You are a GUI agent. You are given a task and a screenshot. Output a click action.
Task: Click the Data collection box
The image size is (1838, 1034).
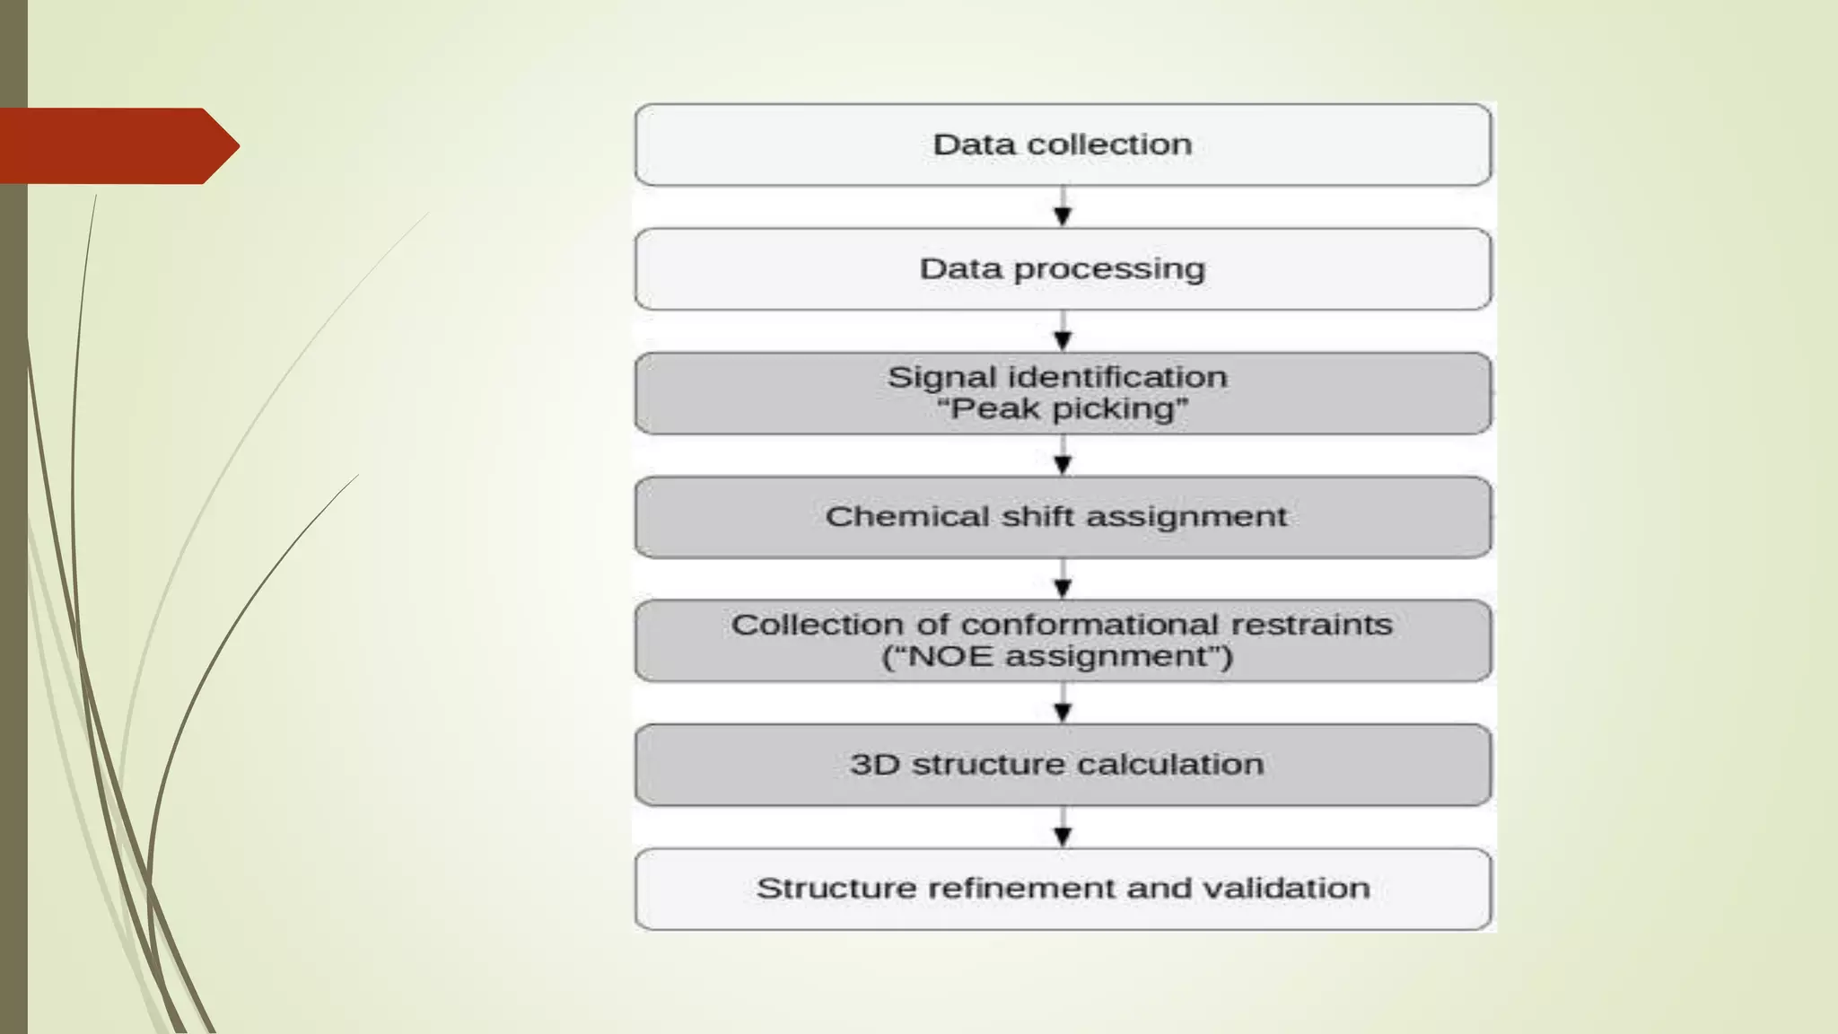(x=1063, y=145)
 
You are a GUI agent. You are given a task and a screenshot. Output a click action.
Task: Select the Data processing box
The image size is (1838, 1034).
(x=1063, y=269)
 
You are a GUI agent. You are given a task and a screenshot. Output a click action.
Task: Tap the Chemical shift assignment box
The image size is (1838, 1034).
(x=1063, y=517)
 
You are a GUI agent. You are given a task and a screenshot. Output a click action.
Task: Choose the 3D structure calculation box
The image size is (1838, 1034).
(x=1063, y=765)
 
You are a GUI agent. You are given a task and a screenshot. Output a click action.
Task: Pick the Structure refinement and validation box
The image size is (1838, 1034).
(x=1063, y=889)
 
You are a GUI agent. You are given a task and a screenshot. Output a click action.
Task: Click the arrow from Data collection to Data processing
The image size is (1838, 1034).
(x=1063, y=207)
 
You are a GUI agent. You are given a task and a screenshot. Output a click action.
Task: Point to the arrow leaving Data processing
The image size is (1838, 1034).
(x=1063, y=331)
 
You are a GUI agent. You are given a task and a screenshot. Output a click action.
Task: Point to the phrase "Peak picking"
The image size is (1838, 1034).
(x=1063, y=409)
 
